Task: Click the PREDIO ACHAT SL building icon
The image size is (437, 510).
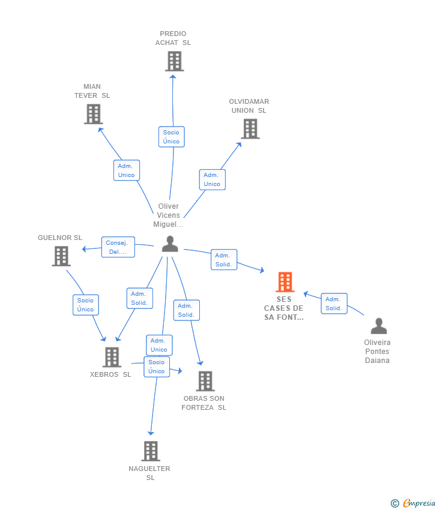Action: point(174,61)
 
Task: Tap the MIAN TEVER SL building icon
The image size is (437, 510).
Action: point(93,114)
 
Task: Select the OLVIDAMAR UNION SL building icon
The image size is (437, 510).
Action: point(250,128)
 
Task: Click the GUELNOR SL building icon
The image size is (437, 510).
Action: point(61,256)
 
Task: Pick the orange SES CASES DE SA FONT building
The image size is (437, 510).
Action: point(285,282)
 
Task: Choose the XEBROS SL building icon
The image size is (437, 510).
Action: point(112,357)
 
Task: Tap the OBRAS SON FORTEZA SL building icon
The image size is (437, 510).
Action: point(205,381)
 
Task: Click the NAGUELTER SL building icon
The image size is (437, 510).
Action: point(150,451)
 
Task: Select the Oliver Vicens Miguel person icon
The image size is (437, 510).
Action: point(170,244)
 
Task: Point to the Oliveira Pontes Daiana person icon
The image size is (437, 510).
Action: point(378,326)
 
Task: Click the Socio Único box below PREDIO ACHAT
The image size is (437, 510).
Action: point(171,137)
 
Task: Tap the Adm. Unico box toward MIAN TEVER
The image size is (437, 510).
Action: point(127,170)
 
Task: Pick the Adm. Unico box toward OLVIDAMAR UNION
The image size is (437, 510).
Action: point(212,179)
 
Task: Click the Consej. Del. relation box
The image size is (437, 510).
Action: point(118,247)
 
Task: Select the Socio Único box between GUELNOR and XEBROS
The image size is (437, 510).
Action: point(85,305)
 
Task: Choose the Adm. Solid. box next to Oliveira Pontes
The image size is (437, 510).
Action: point(334,304)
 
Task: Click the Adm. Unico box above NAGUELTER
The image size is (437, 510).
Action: point(159,345)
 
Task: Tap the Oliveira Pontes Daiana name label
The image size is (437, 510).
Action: point(377,352)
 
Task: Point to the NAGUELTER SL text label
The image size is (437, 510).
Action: point(149,473)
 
